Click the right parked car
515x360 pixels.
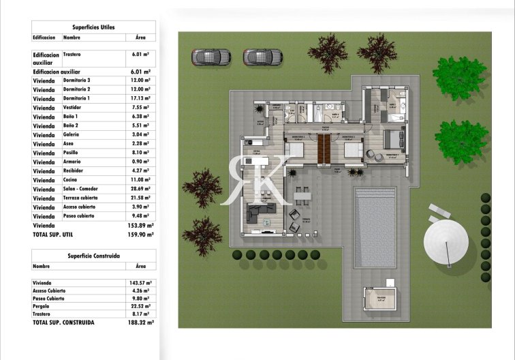pos(263,56)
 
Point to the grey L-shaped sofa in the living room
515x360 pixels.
pos(262,215)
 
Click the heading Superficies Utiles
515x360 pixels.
pos(93,27)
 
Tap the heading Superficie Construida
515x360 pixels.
pos(93,255)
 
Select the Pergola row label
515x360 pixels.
pos(43,306)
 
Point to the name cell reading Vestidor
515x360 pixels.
pos(73,108)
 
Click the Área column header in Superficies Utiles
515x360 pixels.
pos(141,38)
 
